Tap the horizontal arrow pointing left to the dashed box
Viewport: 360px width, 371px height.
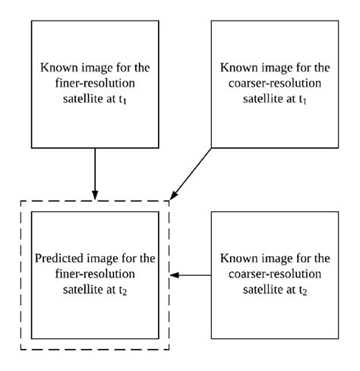click(191, 274)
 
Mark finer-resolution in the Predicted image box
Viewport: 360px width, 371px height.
click(95, 274)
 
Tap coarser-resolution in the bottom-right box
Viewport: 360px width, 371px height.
click(275, 274)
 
